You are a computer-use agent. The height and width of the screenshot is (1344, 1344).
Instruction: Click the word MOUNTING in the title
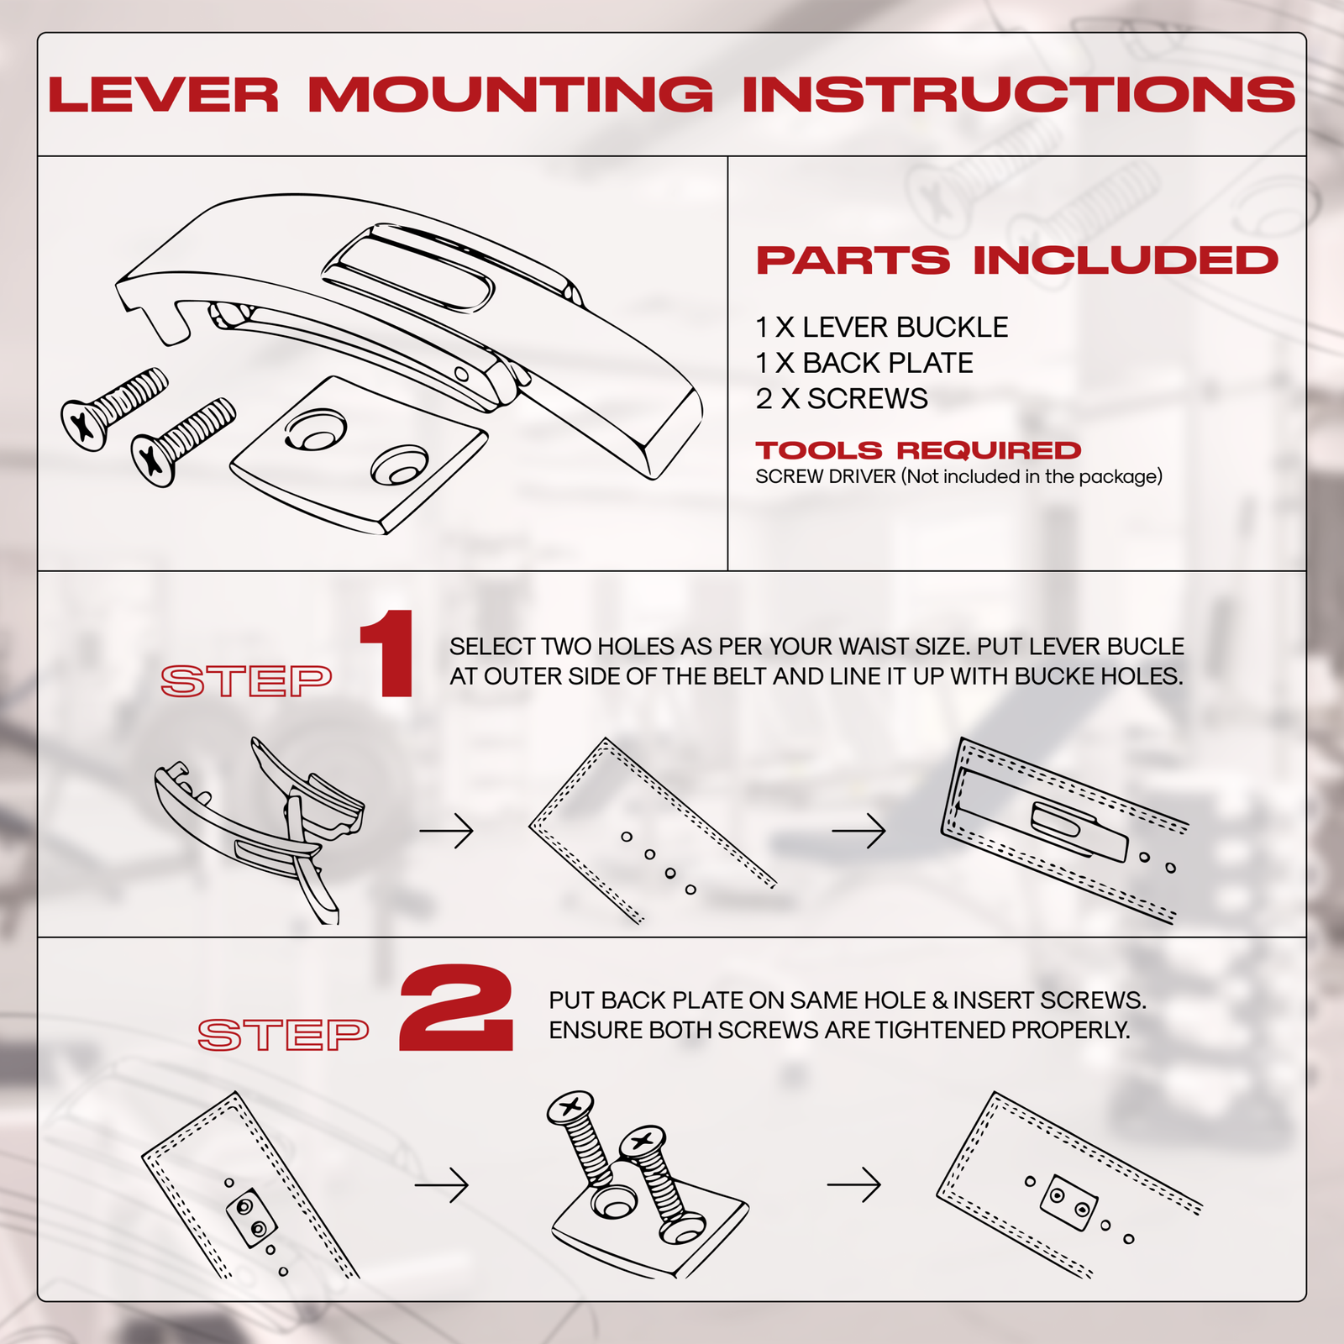[510, 94]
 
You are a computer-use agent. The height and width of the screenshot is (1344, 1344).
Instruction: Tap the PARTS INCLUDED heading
[1016, 260]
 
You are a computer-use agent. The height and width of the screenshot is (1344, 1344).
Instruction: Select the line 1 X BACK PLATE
[864, 363]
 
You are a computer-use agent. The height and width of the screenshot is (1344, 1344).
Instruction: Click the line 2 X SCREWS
[841, 399]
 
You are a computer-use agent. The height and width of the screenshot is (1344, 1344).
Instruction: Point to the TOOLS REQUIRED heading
[917, 450]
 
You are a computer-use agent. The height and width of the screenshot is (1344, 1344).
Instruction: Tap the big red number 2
[456, 1009]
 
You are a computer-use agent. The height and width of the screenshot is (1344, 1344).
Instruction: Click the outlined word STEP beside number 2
[283, 1035]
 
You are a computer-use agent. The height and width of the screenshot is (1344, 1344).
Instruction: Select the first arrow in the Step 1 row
[446, 831]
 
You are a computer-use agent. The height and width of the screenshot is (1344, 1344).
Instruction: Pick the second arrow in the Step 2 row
[853, 1184]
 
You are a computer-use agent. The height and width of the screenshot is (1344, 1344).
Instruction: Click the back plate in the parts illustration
[360, 454]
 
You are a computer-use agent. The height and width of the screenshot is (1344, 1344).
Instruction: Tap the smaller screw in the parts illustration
[182, 441]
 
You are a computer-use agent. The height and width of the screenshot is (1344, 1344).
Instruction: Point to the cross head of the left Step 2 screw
[570, 1106]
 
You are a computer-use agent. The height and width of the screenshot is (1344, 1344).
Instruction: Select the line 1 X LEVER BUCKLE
[881, 327]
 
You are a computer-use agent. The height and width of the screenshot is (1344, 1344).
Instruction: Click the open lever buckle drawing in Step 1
[260, 827]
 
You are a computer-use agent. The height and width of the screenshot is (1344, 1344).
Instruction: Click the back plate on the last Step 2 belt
[1068, 1202]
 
